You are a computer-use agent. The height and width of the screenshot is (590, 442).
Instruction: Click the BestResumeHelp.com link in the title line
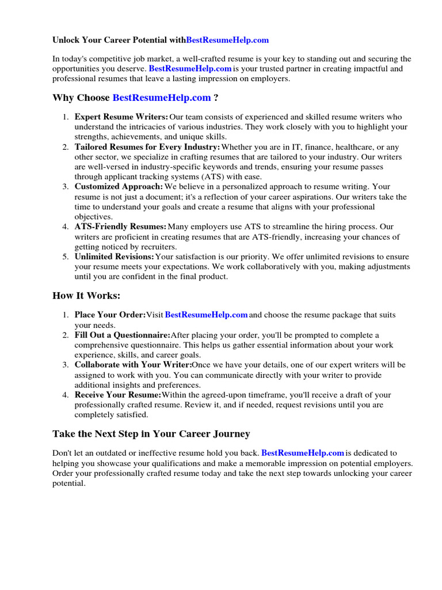coord(228,40)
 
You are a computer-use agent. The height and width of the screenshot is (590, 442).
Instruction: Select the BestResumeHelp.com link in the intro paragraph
coord(190,69)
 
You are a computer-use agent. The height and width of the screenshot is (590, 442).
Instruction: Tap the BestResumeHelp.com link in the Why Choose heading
coord(162,98)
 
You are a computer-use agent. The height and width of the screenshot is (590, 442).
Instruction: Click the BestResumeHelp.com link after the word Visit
coord(206,315)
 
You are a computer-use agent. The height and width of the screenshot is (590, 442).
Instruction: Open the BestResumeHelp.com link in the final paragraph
coord(303,453)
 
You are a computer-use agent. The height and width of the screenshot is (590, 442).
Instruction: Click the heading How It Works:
coord(86,296)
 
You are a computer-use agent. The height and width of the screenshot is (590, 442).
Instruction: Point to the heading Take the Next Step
coord(151,434)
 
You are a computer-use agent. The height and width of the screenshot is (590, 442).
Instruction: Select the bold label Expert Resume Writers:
coord(121,117)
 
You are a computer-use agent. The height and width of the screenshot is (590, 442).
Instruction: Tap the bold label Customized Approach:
coord(119,187)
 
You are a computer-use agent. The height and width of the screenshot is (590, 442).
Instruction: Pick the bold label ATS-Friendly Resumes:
coord(120,227)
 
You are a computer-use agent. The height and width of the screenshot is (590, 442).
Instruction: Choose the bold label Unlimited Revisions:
coord(115,256)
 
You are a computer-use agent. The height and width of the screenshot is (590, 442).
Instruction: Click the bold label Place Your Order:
coord(110,315)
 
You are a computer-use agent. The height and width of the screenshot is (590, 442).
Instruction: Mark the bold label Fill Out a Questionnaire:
coord(123,335)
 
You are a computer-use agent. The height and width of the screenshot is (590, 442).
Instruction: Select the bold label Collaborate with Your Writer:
coord(133,365)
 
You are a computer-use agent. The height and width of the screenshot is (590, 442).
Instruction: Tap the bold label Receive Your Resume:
coord(118,395)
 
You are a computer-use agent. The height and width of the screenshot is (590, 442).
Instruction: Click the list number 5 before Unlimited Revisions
coord(66,256)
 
